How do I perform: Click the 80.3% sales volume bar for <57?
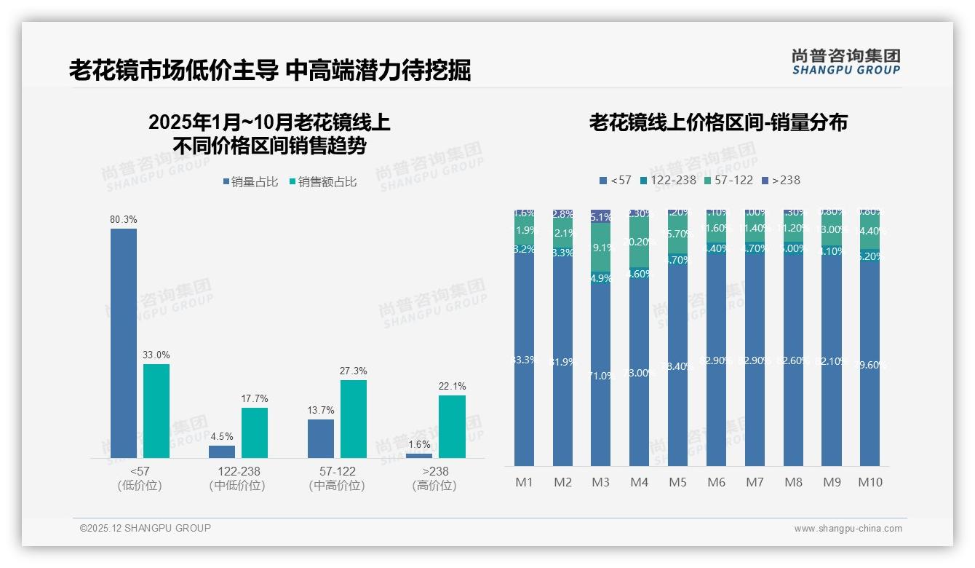(124, 342)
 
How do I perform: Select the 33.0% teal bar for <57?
(156, 411)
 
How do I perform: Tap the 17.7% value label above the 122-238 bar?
(255, 398)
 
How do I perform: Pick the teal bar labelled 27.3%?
(354, 419)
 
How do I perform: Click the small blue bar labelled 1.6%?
(419, 455)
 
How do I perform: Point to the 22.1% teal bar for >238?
(452, 426)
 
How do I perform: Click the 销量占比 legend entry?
(250, 182)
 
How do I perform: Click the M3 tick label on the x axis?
(600, 482)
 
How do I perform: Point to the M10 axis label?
(869, 482)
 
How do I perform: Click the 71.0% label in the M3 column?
(600, 376)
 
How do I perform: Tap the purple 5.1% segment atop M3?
(600, 216)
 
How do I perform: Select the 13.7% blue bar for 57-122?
(321, 438)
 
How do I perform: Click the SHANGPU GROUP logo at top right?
(845, 62)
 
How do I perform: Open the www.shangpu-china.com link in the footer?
(848, 529)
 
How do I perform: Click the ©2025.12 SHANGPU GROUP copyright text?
(146, 528)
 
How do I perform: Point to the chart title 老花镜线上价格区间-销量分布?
(718, 122)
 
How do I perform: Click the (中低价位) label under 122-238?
(237, 486)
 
